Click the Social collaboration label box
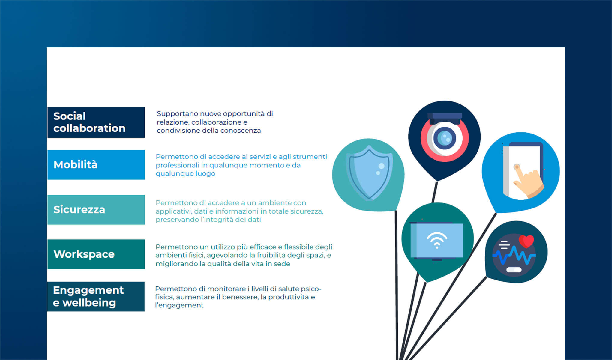[x=96, y=122]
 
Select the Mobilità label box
[x=96, y=165]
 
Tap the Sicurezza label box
[x=96, y=210]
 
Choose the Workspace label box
[x=96, y=254]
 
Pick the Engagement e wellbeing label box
[x=96, y=296]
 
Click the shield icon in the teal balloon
[x=369, y=173]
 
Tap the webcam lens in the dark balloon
[x=445, y=138]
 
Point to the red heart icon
[x=526, y=241]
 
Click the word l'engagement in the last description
[x=179, y=305]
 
